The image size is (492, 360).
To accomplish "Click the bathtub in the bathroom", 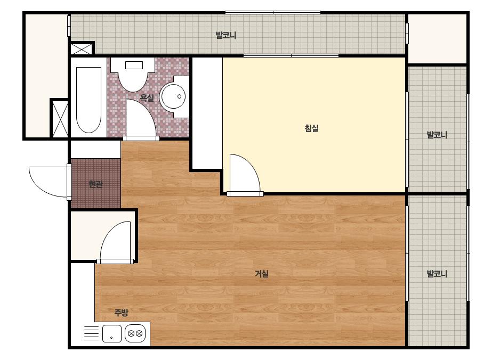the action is pos(89,100).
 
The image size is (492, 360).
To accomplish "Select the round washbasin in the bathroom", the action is pos(173,96).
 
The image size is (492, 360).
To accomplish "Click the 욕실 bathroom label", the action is pos(147,98).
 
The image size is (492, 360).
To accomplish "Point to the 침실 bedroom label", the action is pos(312,128).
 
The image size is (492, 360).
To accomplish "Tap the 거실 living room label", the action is pos(261,274).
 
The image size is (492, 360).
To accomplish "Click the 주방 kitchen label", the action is pos(121,312).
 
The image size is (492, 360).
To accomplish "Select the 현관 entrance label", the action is pos(96,184).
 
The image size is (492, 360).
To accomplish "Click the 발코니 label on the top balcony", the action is pos(226,35).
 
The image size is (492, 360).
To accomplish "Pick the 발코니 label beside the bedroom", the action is pos(437,135).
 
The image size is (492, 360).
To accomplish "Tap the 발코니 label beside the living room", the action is pos(437,274).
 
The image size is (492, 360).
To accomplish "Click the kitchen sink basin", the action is pos(112,334).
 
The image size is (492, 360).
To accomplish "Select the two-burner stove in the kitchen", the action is pos(135,333).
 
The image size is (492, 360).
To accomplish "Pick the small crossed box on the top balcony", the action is pos(81,49).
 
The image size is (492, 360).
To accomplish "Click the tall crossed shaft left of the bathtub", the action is pos(60,119).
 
